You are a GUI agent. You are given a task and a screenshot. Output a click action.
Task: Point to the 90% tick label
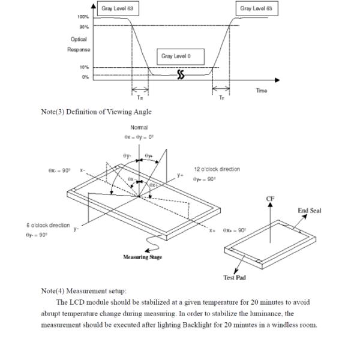click(x=84, y=26)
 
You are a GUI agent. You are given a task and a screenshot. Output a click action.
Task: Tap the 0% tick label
click(x=85, y=77)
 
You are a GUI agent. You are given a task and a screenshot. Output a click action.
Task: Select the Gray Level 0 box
click(x=181, y=57)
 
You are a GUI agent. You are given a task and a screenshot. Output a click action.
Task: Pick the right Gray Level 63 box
click(x=256, y=9)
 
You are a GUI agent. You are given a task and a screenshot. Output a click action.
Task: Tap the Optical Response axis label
click(x=79, y=44)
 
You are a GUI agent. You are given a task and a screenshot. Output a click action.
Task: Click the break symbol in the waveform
click(x=181, y=75)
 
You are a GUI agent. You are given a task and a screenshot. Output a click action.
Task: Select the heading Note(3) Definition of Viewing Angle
click(x=96, y=112)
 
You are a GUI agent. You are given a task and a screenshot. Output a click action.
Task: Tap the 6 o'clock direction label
click(x=48, y=225)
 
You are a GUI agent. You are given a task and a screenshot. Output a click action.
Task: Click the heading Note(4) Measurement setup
click(x=88, y=290)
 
